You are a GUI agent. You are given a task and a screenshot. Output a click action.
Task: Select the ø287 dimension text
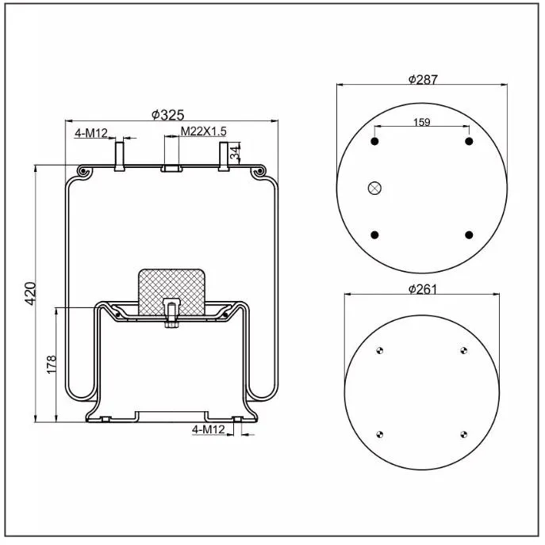click(423, 79)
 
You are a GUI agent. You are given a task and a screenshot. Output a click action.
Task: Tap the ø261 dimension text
click(423, 289)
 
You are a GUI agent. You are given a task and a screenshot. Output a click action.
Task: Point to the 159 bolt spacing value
click(422, 122)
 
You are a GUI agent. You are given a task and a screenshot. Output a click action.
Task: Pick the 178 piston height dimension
click(52, 364)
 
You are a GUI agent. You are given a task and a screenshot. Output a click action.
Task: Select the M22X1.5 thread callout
click(204, 131)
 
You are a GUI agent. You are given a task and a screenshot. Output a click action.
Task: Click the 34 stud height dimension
click(235, 154)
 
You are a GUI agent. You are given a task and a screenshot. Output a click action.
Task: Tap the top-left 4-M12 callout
click(90, 133)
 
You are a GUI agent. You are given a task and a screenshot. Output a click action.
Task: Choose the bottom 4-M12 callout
click(209, 429)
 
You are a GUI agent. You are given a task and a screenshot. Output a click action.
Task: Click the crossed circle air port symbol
click(375, 188)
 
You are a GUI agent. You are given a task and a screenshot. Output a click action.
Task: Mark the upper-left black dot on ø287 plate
click(375, 141)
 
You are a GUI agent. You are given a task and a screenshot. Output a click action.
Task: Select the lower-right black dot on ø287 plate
click(469, 234)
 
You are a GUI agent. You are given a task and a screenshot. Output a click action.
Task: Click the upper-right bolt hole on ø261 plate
click(464, 350)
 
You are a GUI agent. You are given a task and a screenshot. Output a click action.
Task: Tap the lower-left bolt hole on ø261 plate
click(380, 433)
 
